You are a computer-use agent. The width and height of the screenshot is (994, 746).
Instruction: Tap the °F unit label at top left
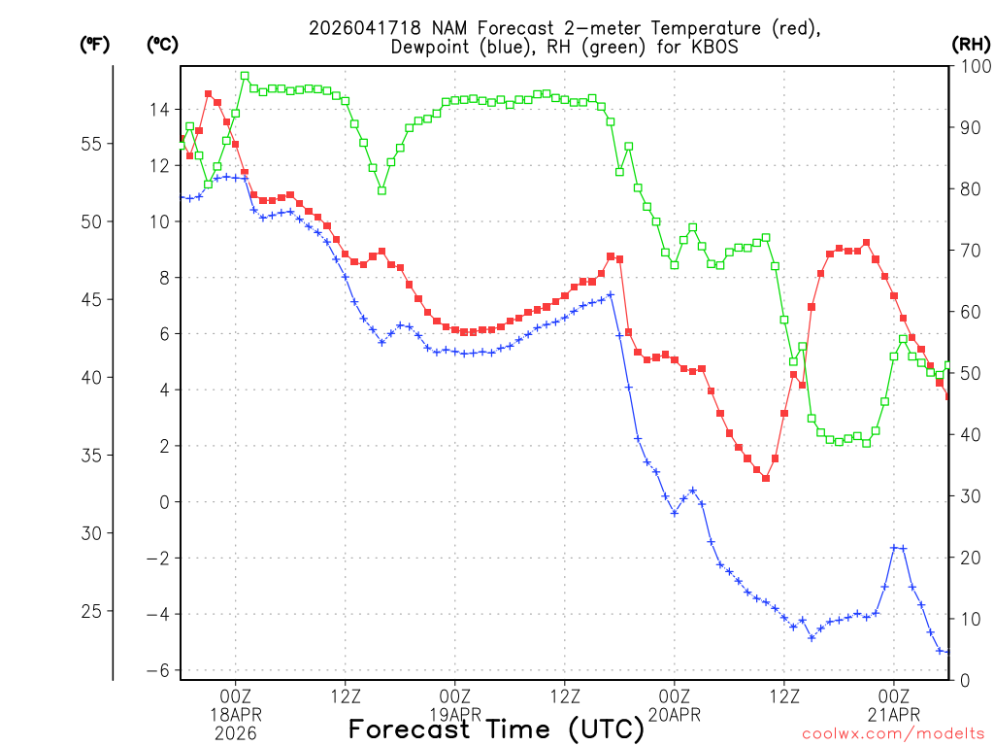tap(94, 44)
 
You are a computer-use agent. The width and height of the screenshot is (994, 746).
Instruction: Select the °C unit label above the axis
tap(162, 44)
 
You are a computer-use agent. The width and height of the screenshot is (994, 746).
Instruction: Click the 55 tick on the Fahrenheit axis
tap(94, 144)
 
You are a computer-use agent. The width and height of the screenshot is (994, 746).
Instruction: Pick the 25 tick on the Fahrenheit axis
tap(94, 611)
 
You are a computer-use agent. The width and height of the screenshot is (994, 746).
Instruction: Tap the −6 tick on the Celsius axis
tap(156, 671)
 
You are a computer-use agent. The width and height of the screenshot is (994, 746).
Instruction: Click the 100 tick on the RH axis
tap(972, 66)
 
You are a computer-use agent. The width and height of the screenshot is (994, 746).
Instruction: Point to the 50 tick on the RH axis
tap(968, 373)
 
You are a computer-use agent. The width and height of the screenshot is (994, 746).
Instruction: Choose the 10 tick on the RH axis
tap(968, 619)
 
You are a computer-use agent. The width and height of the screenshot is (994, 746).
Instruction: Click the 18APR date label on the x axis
tap(236, 715)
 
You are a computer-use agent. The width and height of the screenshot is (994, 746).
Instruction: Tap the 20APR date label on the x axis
tap(675, 715)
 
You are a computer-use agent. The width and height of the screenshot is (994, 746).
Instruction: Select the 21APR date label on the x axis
tap(894, 715)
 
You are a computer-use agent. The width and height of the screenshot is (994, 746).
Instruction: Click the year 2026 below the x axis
tap(236, 733)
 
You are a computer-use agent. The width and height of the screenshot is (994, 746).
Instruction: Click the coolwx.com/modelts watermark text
tap(892, 731)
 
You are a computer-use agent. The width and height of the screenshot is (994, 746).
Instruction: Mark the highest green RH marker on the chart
tap(245, 76)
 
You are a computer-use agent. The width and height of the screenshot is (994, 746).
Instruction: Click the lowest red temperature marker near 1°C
tap(766, 478)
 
